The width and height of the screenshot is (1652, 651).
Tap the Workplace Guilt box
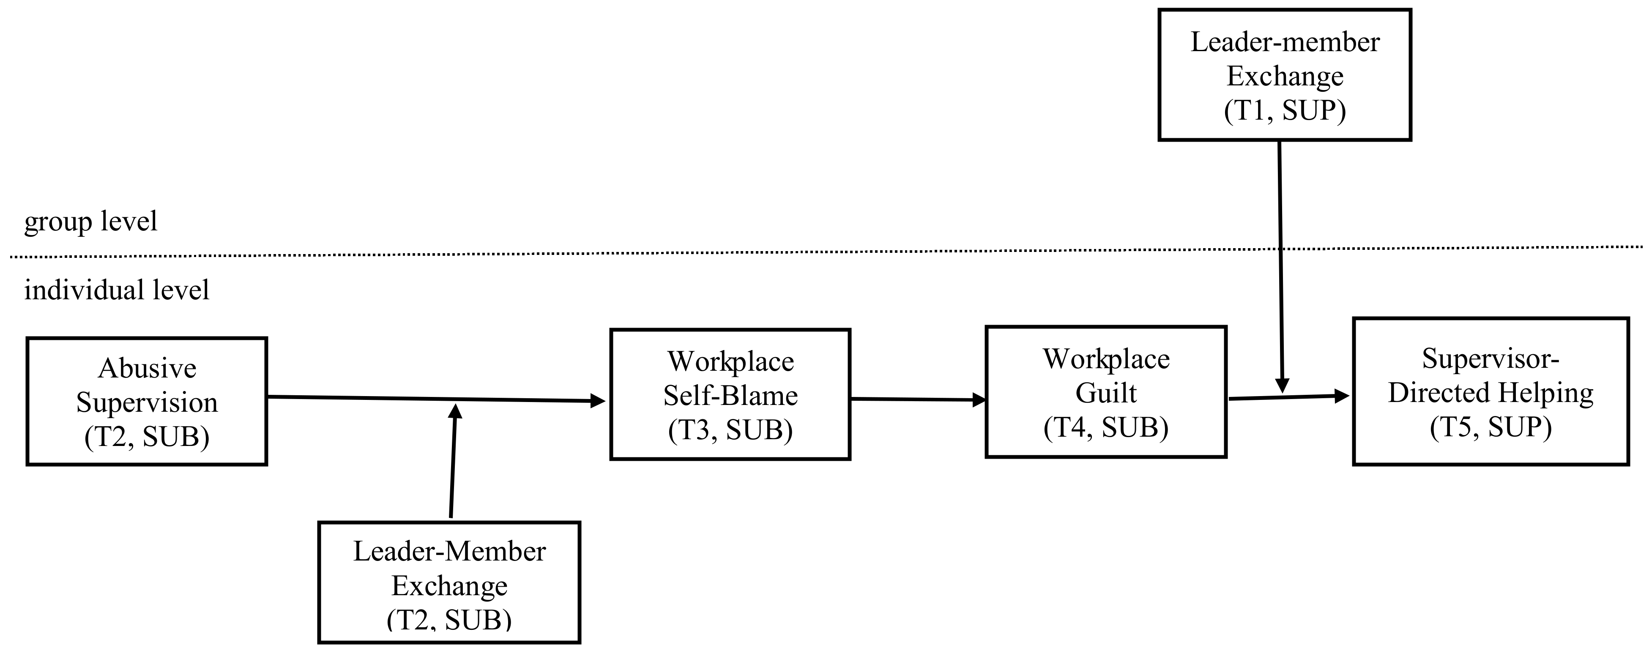(1105, 391)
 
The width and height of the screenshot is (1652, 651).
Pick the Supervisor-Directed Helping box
(1491, 391)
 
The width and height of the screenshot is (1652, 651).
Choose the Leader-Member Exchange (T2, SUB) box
(449, 583)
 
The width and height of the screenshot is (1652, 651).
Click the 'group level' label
(90, 221)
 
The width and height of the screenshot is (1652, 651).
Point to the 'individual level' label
(117, 290)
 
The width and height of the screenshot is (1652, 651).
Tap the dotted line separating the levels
(641, 253)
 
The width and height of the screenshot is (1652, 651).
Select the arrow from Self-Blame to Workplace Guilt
(917, 399)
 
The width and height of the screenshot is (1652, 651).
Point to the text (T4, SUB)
(1105, 427)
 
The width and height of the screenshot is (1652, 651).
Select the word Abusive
(147, 368)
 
